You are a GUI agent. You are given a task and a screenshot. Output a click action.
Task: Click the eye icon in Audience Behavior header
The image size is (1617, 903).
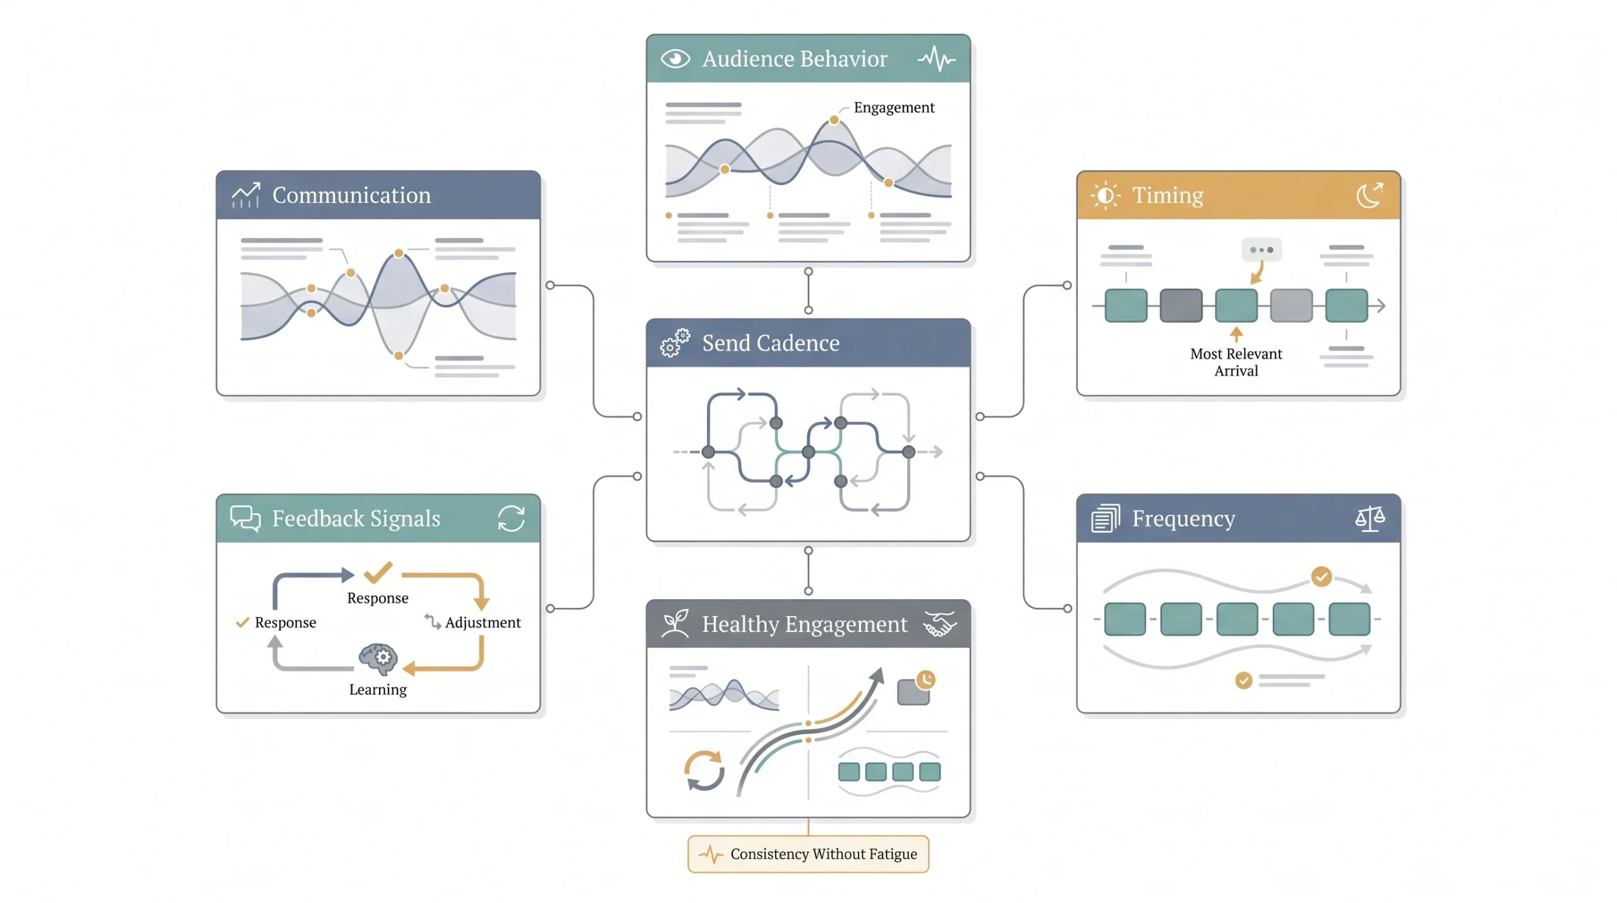click(675, 59)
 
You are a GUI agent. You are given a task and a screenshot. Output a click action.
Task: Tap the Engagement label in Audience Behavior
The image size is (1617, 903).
click(894, 107)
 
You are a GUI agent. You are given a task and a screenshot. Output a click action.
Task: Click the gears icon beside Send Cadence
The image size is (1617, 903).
click(675, 343)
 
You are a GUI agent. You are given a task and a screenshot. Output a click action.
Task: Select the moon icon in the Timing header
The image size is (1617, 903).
click(1369, 195)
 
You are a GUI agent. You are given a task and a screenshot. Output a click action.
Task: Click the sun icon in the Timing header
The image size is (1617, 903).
click(1105, 195)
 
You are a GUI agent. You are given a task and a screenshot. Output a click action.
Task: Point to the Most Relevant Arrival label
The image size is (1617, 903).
click(1235, 362)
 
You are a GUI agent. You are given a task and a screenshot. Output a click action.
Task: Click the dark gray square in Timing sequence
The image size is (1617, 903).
click(1181, 305)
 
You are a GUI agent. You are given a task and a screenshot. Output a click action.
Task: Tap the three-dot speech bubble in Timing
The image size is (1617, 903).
click(1261, 250)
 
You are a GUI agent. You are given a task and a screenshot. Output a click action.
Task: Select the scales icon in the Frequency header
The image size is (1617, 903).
click(1369, 518)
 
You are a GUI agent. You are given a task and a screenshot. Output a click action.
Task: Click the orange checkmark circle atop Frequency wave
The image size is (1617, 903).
click(1321, 576)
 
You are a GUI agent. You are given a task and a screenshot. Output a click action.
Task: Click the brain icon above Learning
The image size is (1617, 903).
click(378, 658)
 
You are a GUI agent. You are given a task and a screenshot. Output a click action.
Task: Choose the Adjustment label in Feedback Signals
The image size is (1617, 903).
click(483, 622)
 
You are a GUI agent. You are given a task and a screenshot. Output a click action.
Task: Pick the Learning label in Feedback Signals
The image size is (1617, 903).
click(378, 689)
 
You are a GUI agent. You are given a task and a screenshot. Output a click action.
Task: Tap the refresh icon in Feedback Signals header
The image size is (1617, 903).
click(511, 518)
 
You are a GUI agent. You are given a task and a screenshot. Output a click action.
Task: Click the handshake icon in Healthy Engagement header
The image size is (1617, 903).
click(940, 624)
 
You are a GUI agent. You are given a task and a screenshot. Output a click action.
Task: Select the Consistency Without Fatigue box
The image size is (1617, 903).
click(808, 854)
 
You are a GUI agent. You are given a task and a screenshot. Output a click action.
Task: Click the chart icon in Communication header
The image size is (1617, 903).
click(246, 195)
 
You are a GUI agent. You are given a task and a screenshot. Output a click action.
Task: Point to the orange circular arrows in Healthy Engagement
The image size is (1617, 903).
click(704, 770)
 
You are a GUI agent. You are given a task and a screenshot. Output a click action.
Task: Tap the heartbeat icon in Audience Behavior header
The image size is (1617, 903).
click(936, 59)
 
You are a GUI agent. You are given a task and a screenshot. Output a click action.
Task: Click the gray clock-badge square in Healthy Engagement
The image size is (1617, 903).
click(915, 689)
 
